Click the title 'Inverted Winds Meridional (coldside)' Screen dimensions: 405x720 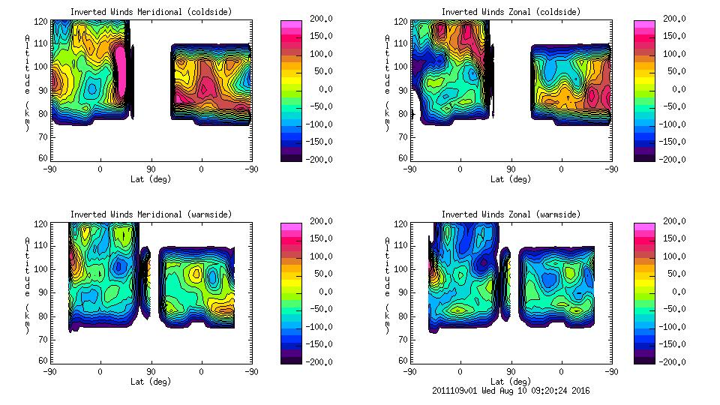tap(151, 12)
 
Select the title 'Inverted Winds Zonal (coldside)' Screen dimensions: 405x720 tap(511, 12)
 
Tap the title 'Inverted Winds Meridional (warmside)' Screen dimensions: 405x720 tap(151, 214)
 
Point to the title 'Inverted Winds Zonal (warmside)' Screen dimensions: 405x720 tap(511, 214)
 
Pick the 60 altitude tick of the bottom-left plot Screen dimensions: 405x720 tap(43, 361)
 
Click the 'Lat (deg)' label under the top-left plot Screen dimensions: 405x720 tap(151, 179)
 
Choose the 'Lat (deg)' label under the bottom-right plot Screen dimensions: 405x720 tap(511, 382)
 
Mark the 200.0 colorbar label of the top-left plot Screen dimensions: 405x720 tap(321, 19)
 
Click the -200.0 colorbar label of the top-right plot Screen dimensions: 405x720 tap(674, 160)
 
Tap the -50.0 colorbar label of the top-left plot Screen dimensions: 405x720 tap(321, 106)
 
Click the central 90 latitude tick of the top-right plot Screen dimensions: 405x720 tap(511, 169)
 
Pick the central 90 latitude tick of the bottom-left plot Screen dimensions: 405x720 tap(151, 372)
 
